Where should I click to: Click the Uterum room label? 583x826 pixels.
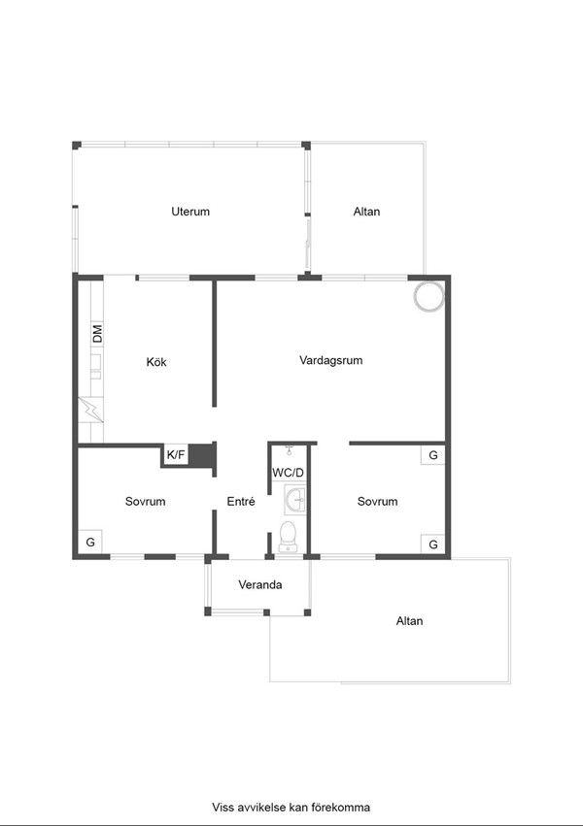[190, 212]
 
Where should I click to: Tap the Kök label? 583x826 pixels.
[156, 362]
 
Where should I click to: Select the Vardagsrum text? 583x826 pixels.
[331, 360]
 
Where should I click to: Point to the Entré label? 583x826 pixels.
[241, 502]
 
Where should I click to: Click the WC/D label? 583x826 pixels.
[289, 473]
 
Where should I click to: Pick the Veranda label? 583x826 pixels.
[259, 584]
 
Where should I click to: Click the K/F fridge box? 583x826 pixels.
[176, 454]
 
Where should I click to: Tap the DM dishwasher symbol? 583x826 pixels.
[97, 334]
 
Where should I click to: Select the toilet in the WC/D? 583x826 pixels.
[288, 534]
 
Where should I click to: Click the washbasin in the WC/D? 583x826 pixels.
[294, 500]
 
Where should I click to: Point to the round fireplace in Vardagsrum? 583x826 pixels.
[429, 296]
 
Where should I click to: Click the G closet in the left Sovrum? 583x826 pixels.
[90, 542]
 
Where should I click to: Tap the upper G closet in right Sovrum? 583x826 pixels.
[432, 455]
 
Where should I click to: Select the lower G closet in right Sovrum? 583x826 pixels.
[432, 545]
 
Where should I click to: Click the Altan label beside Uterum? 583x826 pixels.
[366, 212]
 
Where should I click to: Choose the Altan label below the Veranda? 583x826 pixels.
[410, 621]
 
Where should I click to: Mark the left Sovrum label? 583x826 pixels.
[145, 502]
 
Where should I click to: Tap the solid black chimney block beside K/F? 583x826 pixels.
[202, 455]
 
